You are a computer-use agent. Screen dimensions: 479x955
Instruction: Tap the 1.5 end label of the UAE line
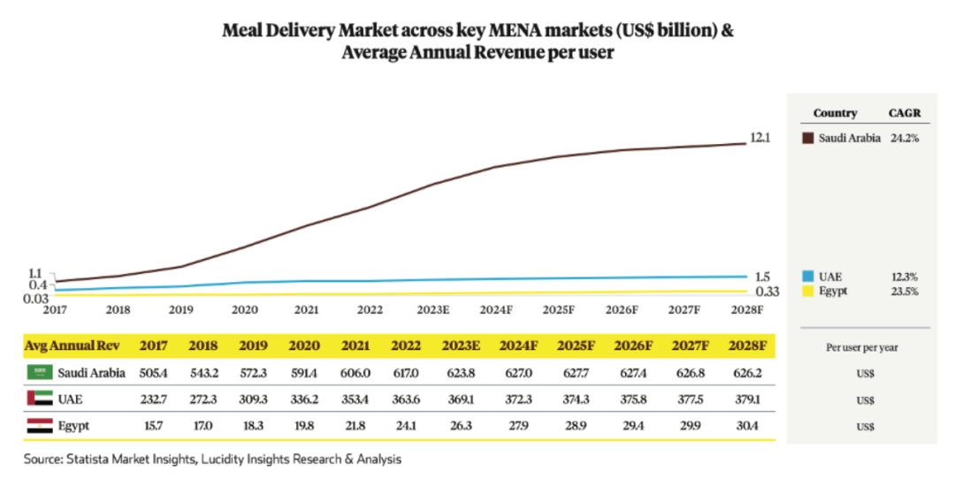(x=762, y=277)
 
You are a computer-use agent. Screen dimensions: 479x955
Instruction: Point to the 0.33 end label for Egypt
(x=766, y=292)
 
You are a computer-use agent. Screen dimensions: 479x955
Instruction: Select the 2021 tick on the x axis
(x=307, y=310)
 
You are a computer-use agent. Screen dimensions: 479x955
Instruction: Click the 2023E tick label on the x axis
(x=433, y=310)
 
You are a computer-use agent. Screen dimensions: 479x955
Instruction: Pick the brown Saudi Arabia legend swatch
(x=806, y=138)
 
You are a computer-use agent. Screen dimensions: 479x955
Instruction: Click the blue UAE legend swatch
(x=806, y=277)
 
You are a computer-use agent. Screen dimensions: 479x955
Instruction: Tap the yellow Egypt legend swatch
(x=806, y=291)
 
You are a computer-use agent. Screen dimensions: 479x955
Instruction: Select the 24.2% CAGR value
(x=904, y=138)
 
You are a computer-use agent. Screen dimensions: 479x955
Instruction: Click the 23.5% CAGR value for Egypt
(x=905, y=291)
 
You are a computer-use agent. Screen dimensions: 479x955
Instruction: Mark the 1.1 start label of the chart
(x=37, y=274)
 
